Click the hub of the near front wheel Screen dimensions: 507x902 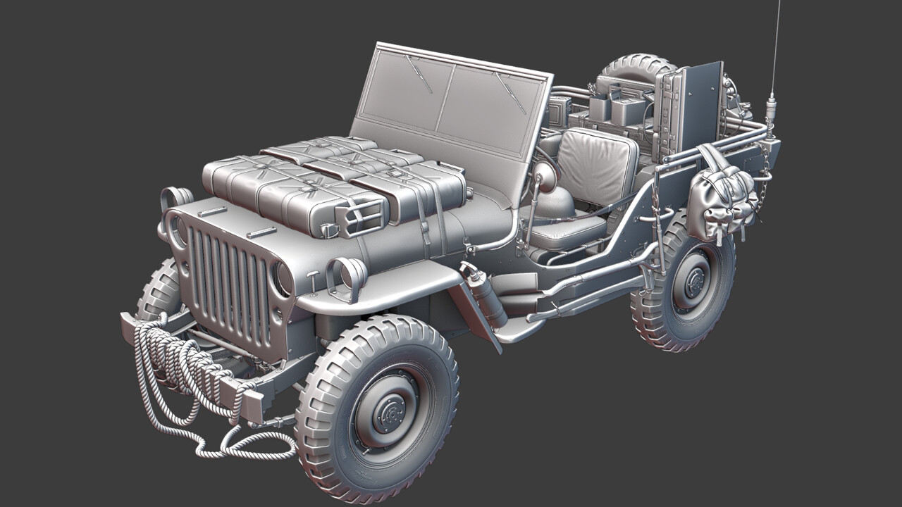(x=387, y=412)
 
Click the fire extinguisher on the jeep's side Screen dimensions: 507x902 (x=486, y=296)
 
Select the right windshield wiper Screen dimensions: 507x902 (x=511, y=92)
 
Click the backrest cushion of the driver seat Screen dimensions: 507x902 (x=596, y=166)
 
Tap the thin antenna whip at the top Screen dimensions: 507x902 (x=776, y=42)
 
